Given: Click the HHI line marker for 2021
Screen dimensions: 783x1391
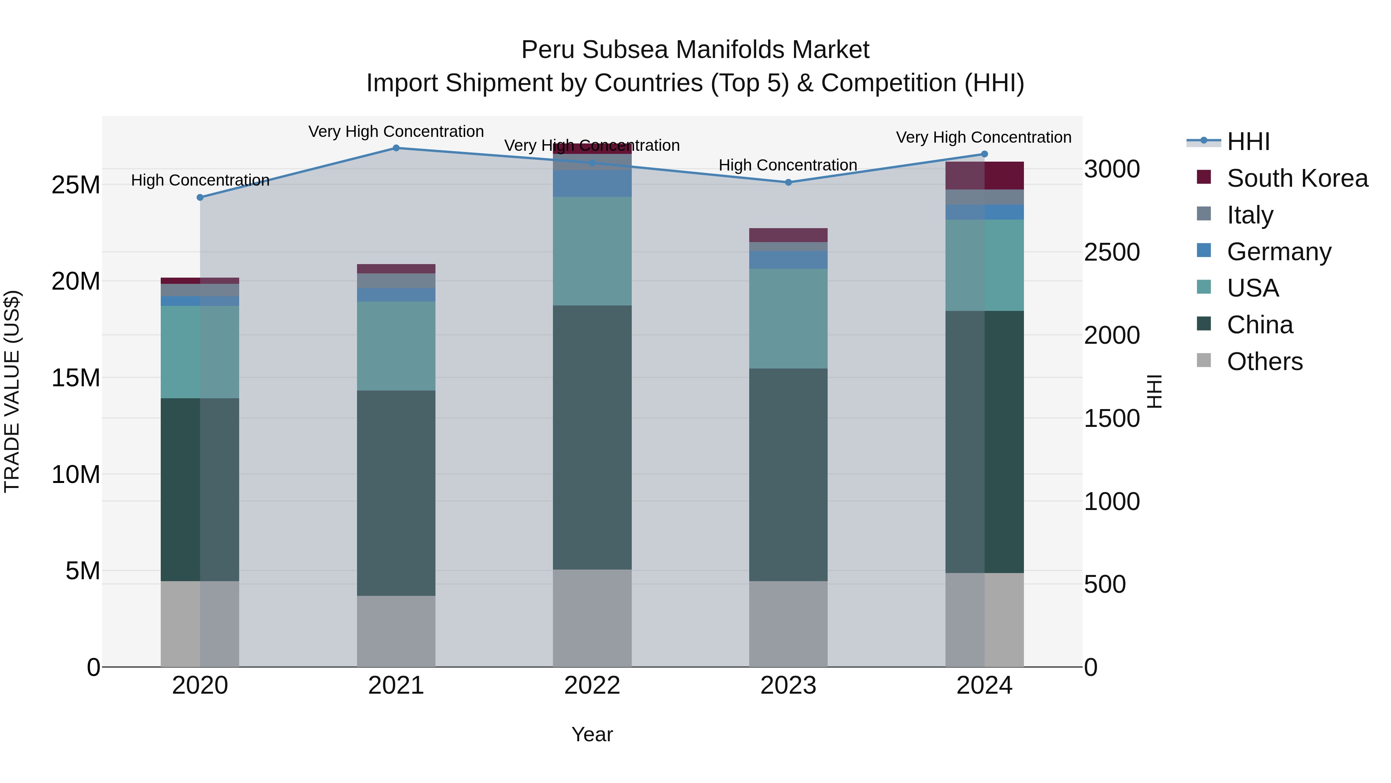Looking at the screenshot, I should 396,148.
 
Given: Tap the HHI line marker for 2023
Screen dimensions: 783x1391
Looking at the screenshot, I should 788,183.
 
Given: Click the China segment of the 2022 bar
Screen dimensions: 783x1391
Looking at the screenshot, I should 592,438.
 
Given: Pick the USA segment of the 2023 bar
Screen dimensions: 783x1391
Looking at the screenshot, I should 788,319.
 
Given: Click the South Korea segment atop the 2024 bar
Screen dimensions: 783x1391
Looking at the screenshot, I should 984,176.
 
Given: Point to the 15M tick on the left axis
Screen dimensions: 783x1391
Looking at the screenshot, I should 76,378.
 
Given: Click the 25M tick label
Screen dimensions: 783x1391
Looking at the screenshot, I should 76,185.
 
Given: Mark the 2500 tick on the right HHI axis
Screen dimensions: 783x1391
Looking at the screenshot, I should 1112,252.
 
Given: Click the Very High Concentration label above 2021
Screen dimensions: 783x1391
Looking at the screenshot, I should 396,132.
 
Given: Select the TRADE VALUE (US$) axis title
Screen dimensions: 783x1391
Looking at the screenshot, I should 12,391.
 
